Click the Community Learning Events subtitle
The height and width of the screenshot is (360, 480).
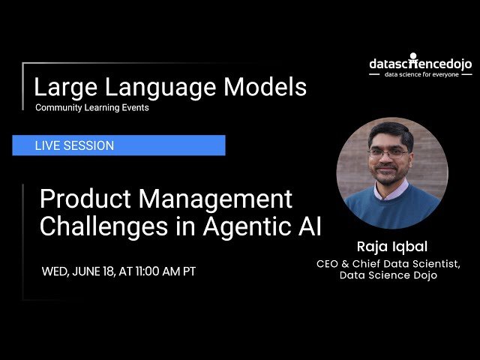coord(91,108)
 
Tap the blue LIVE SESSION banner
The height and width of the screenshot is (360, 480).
coord(118,145)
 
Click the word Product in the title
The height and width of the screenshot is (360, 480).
coord(84,199)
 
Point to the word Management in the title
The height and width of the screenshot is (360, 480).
coord(214,199)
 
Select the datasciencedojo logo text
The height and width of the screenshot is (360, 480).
coord(420,64)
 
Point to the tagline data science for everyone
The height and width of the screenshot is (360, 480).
coord(422,75)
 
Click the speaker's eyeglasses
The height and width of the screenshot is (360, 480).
coord(388,152)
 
